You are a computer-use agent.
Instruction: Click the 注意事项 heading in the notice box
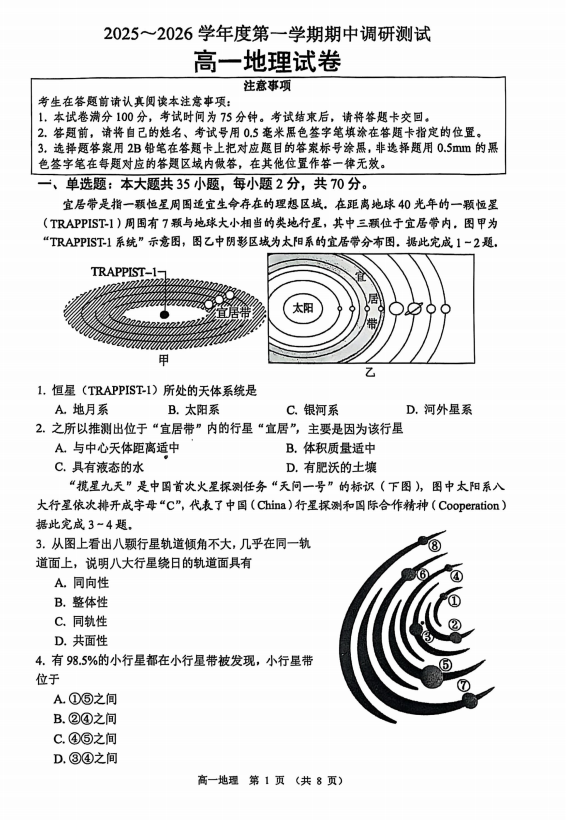click(x=282, y=86)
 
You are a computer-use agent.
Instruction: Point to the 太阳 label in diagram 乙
click(x=303, y=309)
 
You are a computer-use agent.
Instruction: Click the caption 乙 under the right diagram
click(x=370, y=370)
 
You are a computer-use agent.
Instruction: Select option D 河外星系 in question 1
click(x=439, y=409)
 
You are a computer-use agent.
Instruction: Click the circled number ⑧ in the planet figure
click(x=435, y=546)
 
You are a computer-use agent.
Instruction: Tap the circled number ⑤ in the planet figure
click(x=445, y=664)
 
